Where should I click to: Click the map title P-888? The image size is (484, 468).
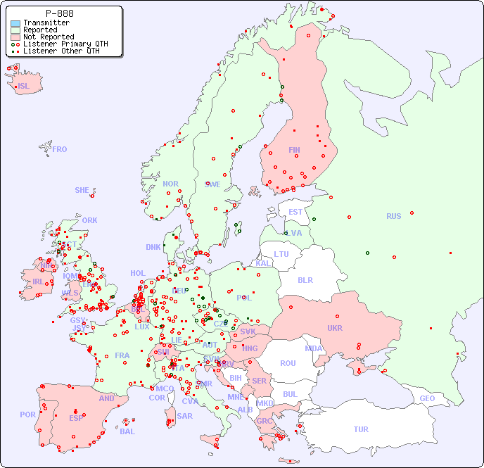pyautogui.click(x=59, y=13)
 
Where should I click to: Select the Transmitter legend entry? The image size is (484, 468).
pyautogui.click(x=46, y=23)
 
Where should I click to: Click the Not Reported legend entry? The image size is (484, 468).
pyautogui.click(x=48, y=37)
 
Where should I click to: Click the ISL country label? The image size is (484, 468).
pyautogui.click(x=24, y=87)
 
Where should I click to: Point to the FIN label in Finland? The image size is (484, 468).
pyautogui.click(x=294, y=150)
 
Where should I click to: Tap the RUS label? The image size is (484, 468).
pyautogui.click(x=393, y=216)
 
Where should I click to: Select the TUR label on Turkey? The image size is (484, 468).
pyautogui.click(x=361, y=429)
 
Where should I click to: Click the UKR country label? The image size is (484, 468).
pyautogui.click(x=334, y=328)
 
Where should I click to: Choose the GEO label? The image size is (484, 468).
pyautogui.click(x=427, y=398)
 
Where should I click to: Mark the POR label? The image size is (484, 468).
pyautogui.click(x=27, y=415)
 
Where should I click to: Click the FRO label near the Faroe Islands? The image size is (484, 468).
pyautogui.click(x=60, y=149)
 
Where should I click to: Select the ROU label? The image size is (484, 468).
pyautogui.click(x=288, y=363)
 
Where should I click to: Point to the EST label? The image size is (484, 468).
pyautogui.click(x=295, y=212)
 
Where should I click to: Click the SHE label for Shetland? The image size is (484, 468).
pyautogui.click(x=82, y=190)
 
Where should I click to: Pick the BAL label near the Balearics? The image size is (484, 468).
pyautogui.click(x=127, y=431)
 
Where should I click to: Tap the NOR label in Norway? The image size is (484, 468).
pyautogui.click(x=170, y=184)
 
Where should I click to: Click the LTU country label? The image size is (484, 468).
pyautogui.click(x=281, y=254)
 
